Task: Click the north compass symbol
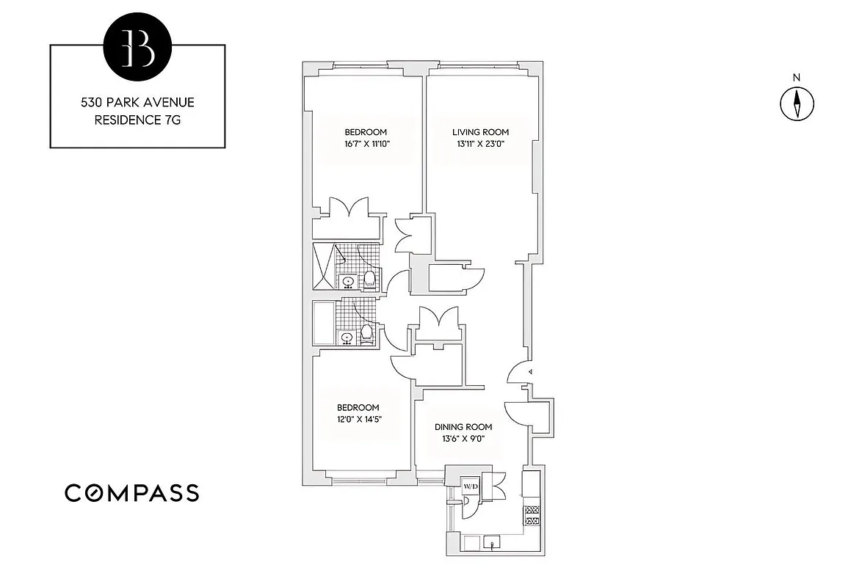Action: point(797,103)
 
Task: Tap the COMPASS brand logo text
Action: point(132,493)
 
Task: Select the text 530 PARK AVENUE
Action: point(137,103)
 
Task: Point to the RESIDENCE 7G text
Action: point(137,120)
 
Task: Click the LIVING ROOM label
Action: point(480,132)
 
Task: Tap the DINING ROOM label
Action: point(463,427)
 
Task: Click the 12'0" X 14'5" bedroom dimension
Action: point(359,420)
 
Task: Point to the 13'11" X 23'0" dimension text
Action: point(480,144)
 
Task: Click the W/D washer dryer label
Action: point(470,486)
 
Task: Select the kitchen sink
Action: point(493,543)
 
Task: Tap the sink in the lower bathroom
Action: point(347,338)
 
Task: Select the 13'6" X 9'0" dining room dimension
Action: point(463,439)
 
